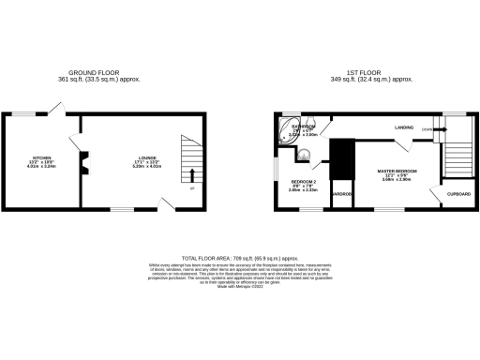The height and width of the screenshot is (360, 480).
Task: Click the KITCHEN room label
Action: click(x=42, y=158)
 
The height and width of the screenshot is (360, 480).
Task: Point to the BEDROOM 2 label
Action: click(x=304, y=181)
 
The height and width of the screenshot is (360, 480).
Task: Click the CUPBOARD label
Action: click(x=458, y=193)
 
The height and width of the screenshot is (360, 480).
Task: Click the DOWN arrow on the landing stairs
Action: click(x=428, y=128)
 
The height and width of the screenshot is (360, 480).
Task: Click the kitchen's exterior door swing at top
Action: click(x=57, y=111)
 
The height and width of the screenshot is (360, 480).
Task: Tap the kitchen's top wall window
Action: click(x=22, y=114)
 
